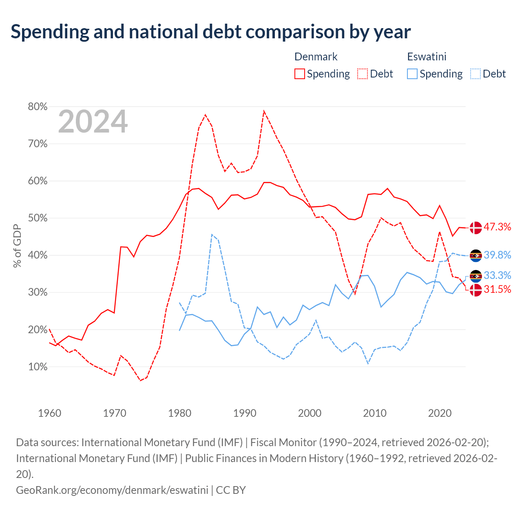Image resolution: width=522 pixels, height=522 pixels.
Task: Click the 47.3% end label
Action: [497, 227]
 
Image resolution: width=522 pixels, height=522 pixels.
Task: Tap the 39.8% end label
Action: [497, 255]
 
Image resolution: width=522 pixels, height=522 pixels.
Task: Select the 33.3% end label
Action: [497, 275]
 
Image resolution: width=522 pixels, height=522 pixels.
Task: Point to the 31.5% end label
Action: [497, 289]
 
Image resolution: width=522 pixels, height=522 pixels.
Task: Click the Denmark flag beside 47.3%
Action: [476, 228]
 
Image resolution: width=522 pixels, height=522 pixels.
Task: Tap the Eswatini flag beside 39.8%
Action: [476, 255]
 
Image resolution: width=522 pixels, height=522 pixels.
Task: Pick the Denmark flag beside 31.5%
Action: [476, 290]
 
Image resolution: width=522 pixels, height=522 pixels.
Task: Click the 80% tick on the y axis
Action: [38, 106]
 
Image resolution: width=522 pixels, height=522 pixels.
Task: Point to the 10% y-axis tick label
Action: [38, 367]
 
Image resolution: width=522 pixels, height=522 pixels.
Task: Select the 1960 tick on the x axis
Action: [50, 413]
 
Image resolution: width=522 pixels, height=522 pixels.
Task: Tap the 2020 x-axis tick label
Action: [440, 413]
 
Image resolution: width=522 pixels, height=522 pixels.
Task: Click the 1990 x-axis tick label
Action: [245, 413]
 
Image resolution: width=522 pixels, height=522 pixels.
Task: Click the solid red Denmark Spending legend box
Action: [300, 74]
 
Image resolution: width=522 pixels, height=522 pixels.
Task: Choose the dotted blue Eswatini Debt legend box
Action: [476, 74]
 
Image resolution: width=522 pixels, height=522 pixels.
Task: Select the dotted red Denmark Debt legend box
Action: [363, 74]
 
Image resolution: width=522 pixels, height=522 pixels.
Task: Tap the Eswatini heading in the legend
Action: [427, 57]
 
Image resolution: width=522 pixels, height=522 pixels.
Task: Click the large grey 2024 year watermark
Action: [93, 122]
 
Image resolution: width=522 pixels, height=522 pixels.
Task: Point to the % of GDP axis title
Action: [17, 246]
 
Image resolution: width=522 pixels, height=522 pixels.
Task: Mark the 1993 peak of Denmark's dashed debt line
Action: [264, 111]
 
